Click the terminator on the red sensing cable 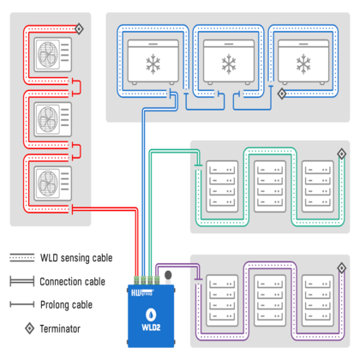tap(79, 29)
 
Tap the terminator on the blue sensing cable tap(282, 93)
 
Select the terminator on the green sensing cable tap(341, 154)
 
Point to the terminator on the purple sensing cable tap(342, 268)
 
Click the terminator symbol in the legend tap(30, 328)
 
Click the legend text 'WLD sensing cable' tap(76, 258)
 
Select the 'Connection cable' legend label tap(72, 282)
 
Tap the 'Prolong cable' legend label tap(66, 305)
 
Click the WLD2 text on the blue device tap(151, 327)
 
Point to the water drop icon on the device tap(151, 315)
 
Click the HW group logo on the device tap(142, 292)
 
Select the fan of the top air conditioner tap(48, 55)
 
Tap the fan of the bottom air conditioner tap(48, 183)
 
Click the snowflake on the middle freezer tap(229, 64)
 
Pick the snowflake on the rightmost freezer tap(303, 64)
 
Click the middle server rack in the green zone tap(270, 186)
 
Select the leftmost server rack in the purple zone tap(222, 301)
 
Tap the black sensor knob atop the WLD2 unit tap(168, 275)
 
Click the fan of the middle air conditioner tap(48, 119)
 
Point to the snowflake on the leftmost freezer tap(153, 64)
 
